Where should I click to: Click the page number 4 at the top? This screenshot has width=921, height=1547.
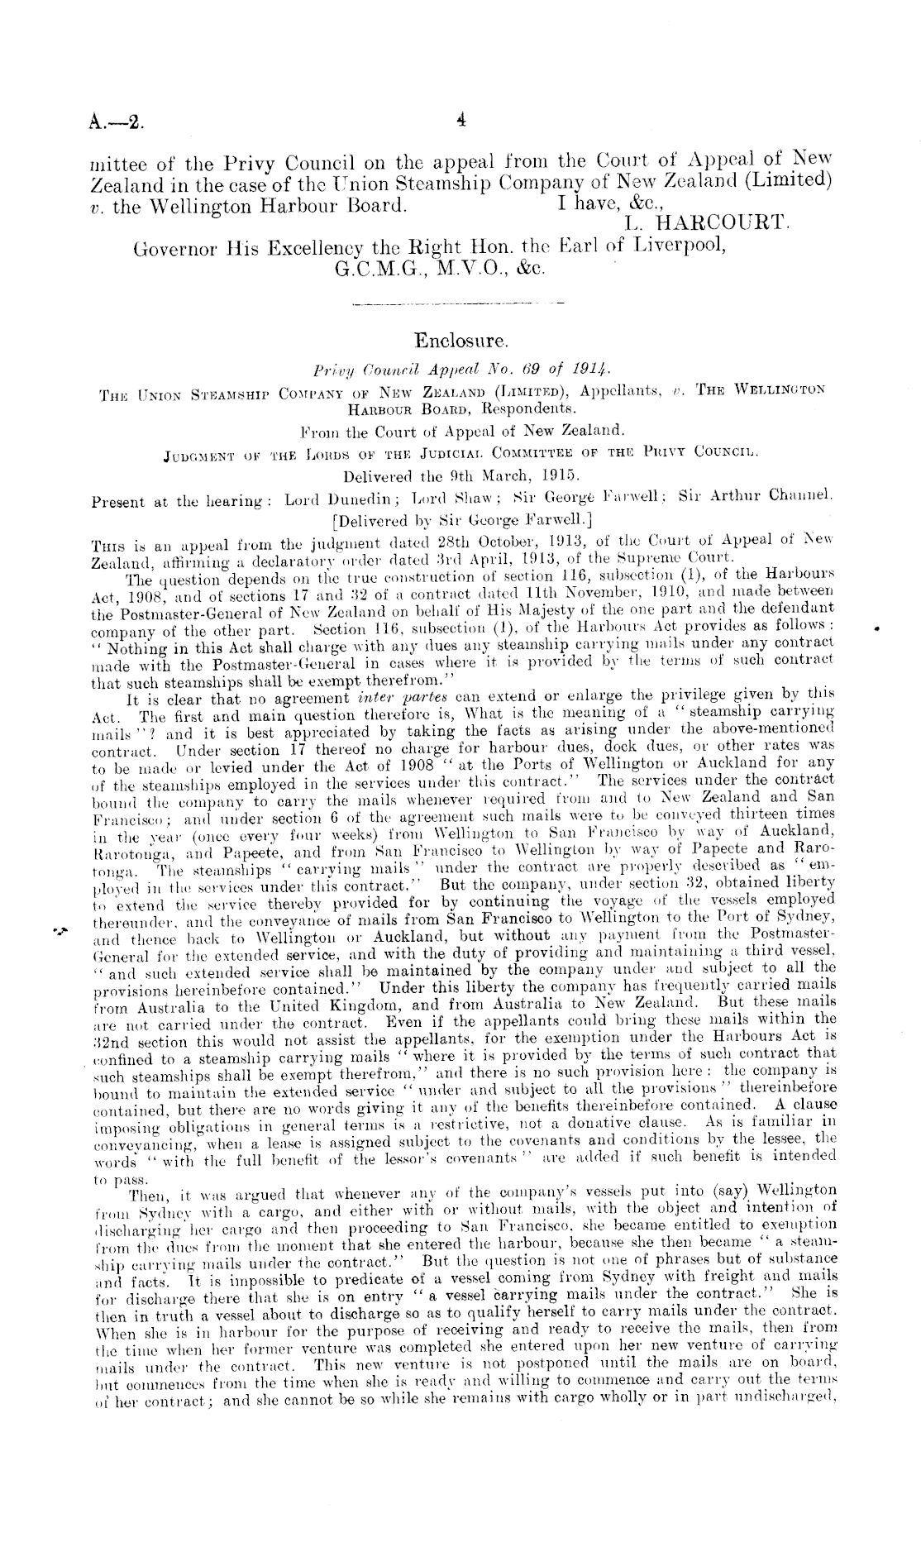coord(461,120)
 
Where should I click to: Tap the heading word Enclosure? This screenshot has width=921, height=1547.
coord(461,339)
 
